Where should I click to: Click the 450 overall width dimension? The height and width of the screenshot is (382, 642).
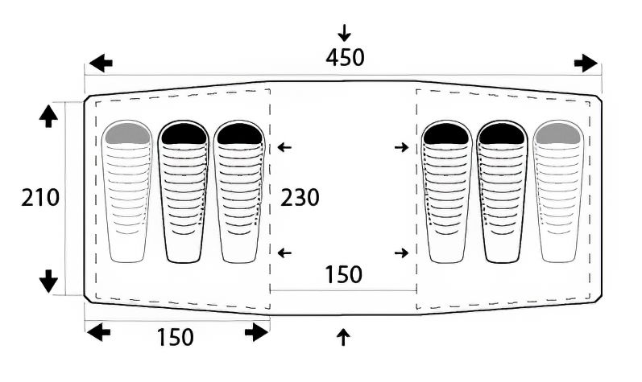pos(345,58)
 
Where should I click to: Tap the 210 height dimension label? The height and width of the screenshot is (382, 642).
pos(40,198)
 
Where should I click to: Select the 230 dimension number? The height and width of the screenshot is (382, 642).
pos(300,198)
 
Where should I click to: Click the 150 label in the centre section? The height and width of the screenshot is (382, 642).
pos(343,274)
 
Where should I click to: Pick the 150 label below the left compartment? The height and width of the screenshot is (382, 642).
pos(176,338)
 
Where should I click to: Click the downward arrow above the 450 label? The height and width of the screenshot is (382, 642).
pos(344,33)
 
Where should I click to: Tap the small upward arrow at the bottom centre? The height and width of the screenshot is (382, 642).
pos(343,338)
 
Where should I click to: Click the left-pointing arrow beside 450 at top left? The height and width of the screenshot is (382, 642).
pos(101,64)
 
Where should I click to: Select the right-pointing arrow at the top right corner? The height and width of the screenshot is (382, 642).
pos(586,64)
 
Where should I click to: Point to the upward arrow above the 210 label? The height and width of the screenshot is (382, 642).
pos(48,117)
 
